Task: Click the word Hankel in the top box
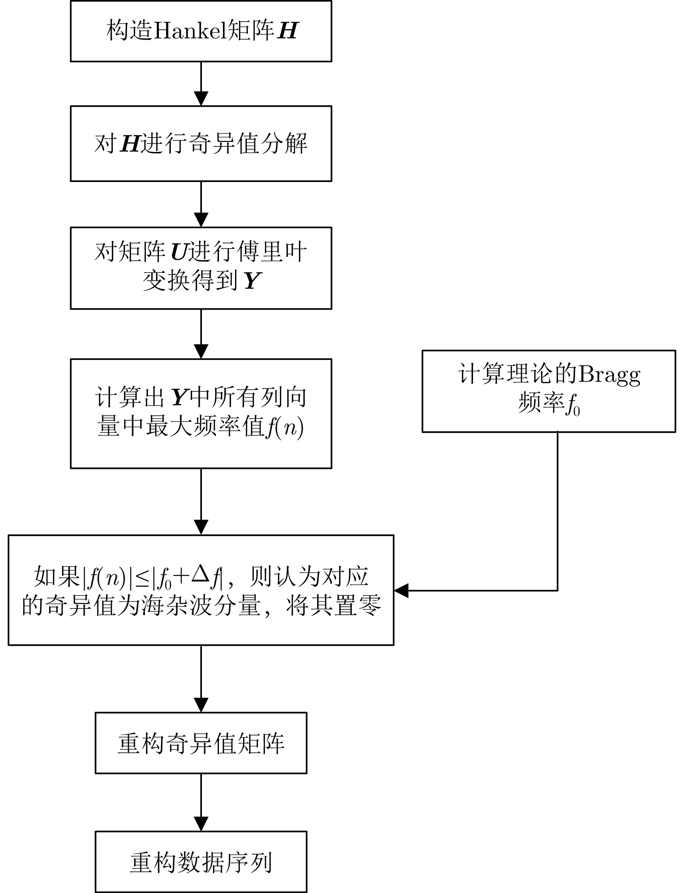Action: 189,30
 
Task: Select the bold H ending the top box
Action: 288,30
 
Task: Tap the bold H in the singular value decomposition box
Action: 130,144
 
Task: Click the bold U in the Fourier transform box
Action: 179,252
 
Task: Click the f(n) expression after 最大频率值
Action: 284,428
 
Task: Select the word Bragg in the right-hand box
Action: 609,374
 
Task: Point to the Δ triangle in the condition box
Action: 201,574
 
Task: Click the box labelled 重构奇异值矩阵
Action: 201,743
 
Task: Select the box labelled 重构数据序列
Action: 201,862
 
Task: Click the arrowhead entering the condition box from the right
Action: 401,591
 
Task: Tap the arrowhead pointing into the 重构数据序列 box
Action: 201,824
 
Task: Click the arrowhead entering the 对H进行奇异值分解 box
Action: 201,98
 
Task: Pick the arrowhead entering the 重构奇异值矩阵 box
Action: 201,705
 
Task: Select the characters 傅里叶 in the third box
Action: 272,252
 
